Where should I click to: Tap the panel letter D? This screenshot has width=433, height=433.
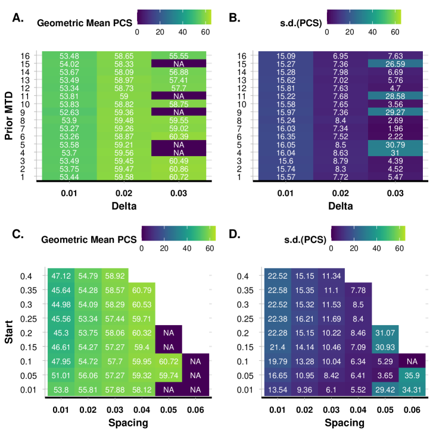pos(235,235)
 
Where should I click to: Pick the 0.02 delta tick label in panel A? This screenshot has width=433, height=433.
pos(124,192)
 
